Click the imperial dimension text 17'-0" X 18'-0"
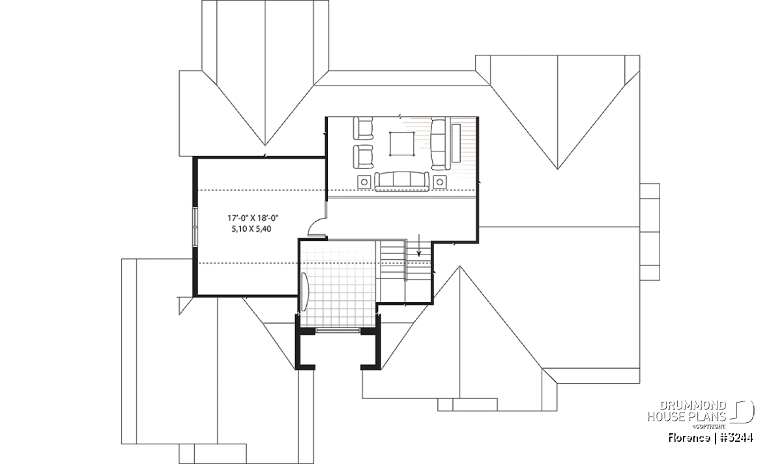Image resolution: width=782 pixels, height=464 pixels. (x=253, y=219)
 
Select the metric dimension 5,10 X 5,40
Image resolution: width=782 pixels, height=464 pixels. (x=252, y=229)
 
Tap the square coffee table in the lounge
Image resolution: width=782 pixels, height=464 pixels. (x=402, y=144)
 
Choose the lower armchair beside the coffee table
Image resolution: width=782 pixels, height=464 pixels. (x=363, y=157)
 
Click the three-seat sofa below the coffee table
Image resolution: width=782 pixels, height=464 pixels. (x=401, y=181)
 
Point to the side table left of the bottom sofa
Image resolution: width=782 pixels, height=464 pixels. (x=364, y=182)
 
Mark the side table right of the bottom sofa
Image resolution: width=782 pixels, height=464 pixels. (x=440, y=182)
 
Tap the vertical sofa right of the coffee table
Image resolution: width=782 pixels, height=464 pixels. (x=439, y=144)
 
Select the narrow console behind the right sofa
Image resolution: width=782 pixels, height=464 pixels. (x=456, y=143)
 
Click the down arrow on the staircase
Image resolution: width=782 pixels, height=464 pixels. (x=419, y=245)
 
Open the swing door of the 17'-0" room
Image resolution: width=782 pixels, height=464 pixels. (x=317, y=227)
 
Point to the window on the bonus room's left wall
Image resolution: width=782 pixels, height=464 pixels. (x=195, y=228)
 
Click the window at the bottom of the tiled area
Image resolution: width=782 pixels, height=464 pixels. (x=338, y=330)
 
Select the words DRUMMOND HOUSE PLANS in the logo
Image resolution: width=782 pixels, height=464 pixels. (x=687, y=411)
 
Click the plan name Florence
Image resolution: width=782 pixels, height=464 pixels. (x=689, y=438)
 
